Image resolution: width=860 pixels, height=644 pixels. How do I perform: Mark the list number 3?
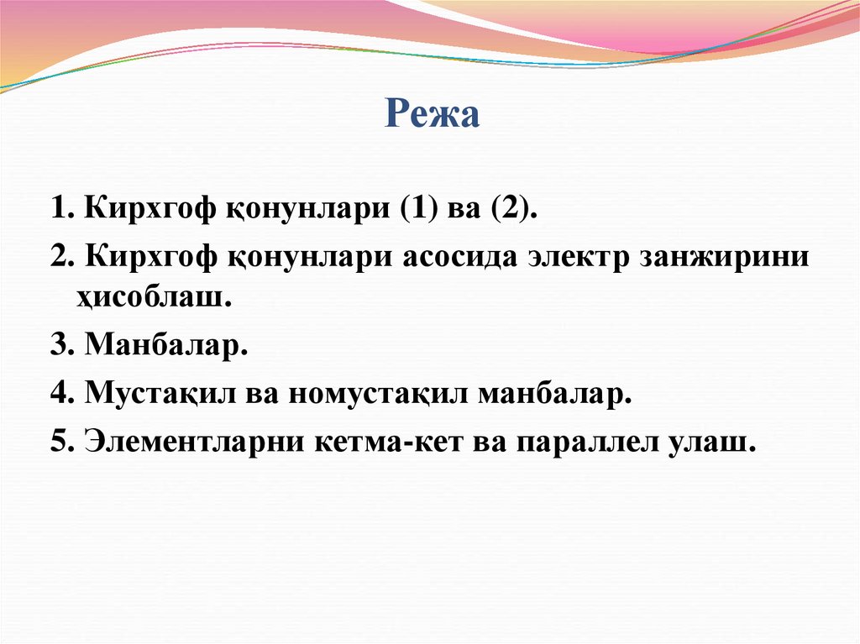[x=59, y=345]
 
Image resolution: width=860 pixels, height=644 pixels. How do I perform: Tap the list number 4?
[x=59, y=393]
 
